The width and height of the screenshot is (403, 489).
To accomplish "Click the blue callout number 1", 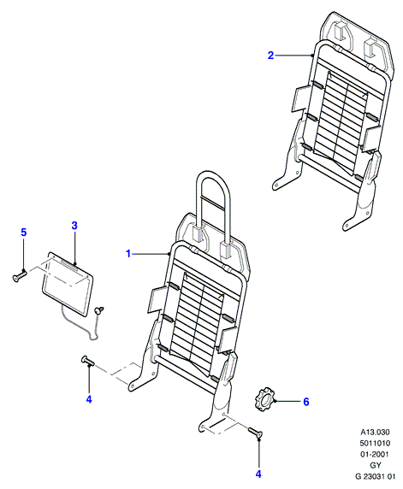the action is (x=128, y=254).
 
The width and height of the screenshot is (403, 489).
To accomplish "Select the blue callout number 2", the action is (x=270, y=56).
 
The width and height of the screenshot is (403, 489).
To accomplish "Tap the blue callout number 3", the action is (x=74, y=226).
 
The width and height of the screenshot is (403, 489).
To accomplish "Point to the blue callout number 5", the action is (x=24, y=233).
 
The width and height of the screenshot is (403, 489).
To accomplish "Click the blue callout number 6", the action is (x=306, y=402).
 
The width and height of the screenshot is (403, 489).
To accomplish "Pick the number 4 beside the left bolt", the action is (x=89, y=399).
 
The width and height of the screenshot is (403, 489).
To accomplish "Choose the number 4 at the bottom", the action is (x=258, y=474).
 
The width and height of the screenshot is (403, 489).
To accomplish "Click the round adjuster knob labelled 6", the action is (x=264, y=400).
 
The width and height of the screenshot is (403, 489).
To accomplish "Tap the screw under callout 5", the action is (x=20, y=275).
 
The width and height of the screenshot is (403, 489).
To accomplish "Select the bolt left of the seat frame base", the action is (x=88, y=361).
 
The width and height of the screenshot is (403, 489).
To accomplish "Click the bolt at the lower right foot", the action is (x=256, y=433).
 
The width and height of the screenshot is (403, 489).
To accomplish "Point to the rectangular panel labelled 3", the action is (x=68, y=283).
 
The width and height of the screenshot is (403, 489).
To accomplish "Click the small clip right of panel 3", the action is (x=99, y=310).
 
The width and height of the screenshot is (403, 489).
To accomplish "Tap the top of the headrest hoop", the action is (x=213, y=172).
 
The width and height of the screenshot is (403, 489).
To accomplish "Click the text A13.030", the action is (x=376, y=433).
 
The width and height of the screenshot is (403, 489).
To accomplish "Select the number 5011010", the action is (x=376, y=443).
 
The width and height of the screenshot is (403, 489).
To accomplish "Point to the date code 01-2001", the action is (x=376, y=455).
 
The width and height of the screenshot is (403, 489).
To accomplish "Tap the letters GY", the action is (x=376, y=465).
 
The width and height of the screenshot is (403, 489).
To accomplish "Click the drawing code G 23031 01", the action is (x=376, y=476).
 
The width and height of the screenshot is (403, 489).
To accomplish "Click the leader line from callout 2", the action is (x=294, y=56).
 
